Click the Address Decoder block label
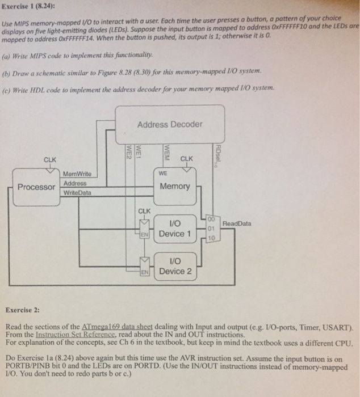tap(170, 124)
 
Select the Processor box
tap(36, 187)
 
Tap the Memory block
tap(175, 186)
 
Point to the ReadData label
tap(237, 224)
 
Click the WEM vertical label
tap(166, 152)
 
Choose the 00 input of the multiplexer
tap(211, 219)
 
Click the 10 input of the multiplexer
tap(211, 238)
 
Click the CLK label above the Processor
tap(50, 159)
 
